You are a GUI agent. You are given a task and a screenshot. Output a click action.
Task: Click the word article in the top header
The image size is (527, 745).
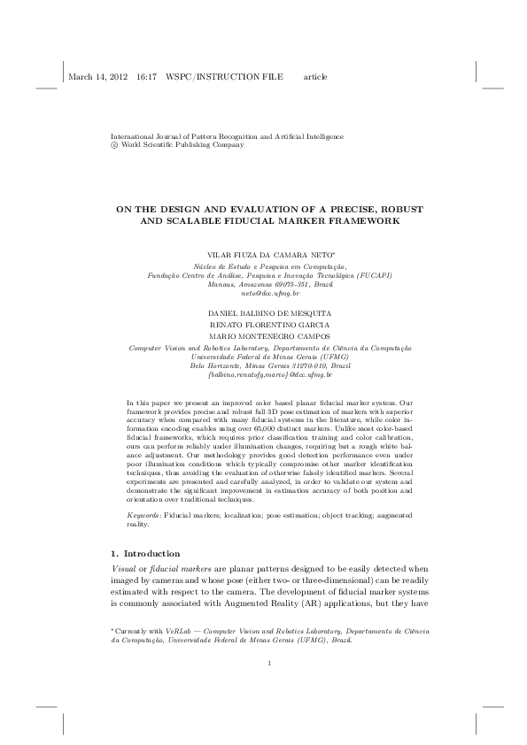315,77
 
